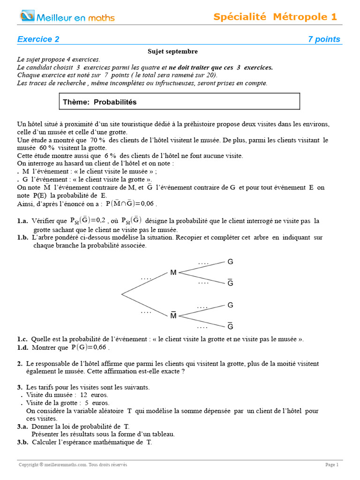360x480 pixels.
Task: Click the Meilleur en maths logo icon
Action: (27, 17)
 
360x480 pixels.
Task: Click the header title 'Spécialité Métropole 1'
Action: (275, 17)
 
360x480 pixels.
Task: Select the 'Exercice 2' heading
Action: (38, 39)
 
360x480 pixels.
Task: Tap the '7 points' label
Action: (324, 39)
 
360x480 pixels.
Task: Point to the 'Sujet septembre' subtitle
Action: (172, 52)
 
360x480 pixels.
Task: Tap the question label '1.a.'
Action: (23, 221)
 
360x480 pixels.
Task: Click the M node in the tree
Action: (173, 272)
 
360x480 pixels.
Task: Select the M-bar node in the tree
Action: (173, 315)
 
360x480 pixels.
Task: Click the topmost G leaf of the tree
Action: (230, 262)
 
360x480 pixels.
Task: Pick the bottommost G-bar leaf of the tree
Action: (230, 326)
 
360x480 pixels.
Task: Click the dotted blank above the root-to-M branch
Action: (146, 278)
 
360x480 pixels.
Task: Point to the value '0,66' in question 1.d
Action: (100, 348)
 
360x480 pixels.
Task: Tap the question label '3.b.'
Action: (22, 442)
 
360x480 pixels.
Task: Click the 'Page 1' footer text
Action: (331, 465)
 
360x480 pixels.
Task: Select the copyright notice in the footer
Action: (73, 465)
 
